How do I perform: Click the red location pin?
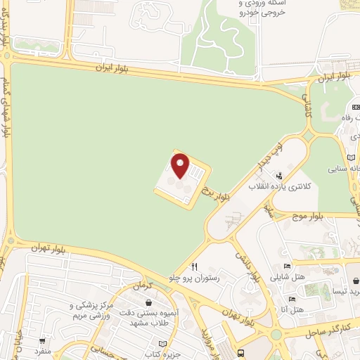pos(181,166)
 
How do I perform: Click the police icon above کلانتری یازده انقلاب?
pos(280,176)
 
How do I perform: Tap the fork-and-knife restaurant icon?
pos(195,266)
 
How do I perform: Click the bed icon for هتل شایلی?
pos(286,266)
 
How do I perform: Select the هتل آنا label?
pos(292,309)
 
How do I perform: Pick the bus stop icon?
pos(242,353)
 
